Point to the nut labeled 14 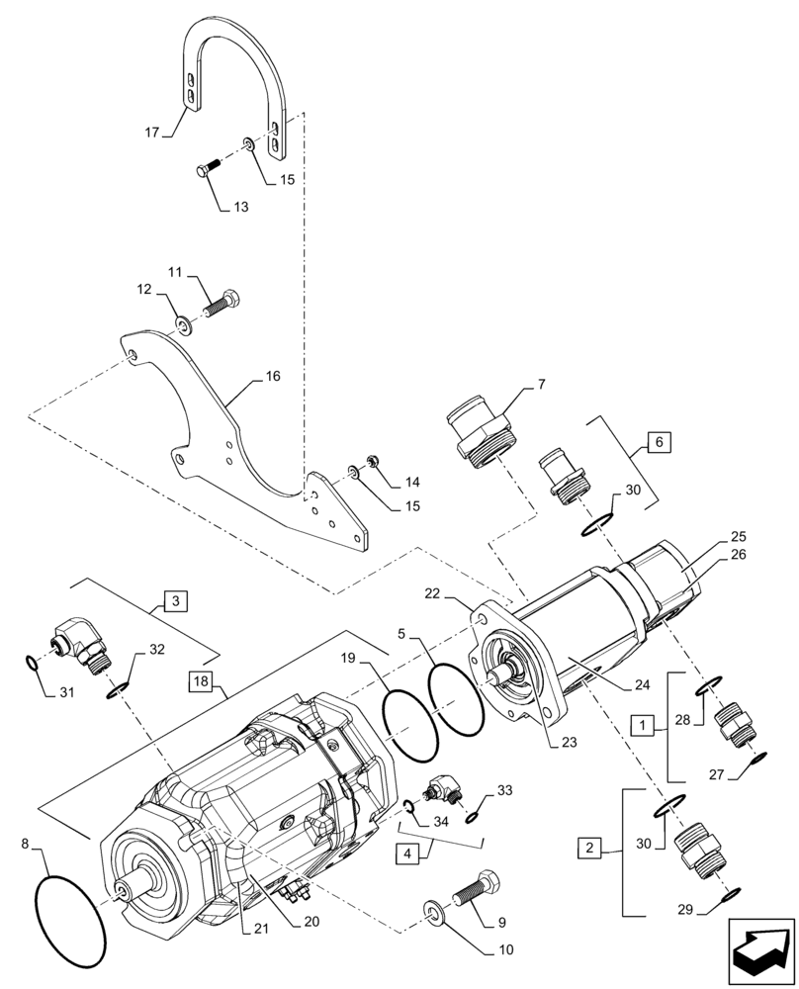click(374, 461)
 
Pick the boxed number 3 click(174, 600)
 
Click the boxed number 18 click(201, 682)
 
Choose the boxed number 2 click(589, 847)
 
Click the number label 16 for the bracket click(272, 377)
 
